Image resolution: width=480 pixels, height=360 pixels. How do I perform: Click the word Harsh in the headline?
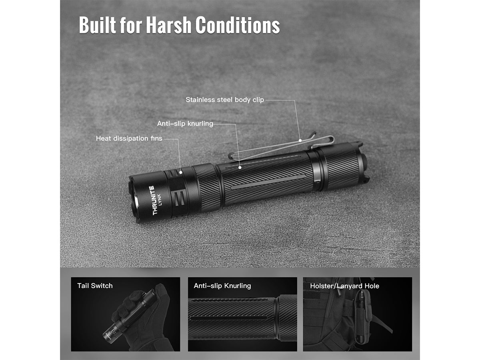(x=169, y=25)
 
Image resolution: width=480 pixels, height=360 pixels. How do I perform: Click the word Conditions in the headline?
(x=238, y=25)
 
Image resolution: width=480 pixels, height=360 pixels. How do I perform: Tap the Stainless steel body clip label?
(x=225, y=100)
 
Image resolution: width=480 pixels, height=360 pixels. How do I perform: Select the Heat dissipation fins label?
(x=129, y=138)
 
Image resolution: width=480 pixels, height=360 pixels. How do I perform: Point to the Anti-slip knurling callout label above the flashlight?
(x=185, y=124)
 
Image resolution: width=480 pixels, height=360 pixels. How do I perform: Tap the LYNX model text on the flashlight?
(x=160, y=200)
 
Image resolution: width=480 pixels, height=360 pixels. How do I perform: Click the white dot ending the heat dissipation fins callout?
(x=181, y=172)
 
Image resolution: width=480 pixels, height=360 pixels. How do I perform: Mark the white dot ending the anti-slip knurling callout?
(x=240, y=168)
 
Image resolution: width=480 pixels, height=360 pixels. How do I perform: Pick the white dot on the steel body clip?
(x=300, y=140)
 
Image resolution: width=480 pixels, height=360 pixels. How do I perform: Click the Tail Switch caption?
(x=95, y=286)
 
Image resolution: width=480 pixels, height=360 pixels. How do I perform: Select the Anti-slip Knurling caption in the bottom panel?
(x=222, y=286)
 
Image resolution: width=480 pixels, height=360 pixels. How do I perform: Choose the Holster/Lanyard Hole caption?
(x=345, y=286)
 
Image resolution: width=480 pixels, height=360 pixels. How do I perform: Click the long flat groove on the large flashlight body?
(x=268, y=182)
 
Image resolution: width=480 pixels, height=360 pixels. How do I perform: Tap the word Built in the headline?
(x=98, y=25)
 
